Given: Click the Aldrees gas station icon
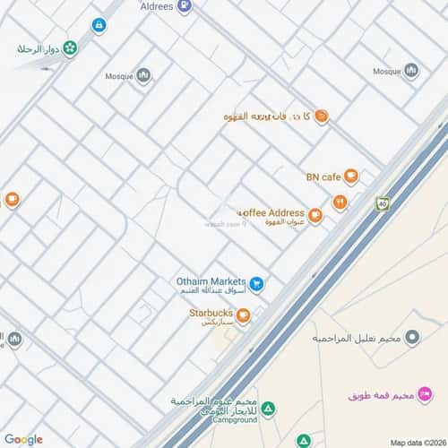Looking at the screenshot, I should (x=184, y=5).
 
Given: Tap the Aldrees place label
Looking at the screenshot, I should (x=156, y=5).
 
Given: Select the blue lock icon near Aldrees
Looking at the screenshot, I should (x=99, y=25).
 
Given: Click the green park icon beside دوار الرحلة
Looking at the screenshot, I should (x=70, y=47).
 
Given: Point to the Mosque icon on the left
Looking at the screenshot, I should (x=143, y=76).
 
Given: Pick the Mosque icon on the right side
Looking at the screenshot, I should (x=411, y=71).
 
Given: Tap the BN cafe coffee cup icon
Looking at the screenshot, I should (x=351, y=177).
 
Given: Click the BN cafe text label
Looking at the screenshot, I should (x=323, y=177).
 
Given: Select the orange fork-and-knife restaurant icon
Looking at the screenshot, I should (x=340, y=202).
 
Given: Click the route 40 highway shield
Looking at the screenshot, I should (x=383, y=203).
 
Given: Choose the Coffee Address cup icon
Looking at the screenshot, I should (x=314, y=215).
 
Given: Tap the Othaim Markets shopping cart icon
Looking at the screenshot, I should (x=257, y=284).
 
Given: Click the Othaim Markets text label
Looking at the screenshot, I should (x=211, y=281).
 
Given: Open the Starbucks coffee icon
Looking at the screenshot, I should (x=243, y=314).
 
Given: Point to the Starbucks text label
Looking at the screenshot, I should (x=211, y=313).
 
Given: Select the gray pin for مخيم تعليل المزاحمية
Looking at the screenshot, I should (x=412, y=338).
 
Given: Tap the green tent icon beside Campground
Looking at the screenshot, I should (x=269, y=409).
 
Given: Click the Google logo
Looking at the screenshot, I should (x=22, y=439).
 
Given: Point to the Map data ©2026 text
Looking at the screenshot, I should (x=418, y=442).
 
